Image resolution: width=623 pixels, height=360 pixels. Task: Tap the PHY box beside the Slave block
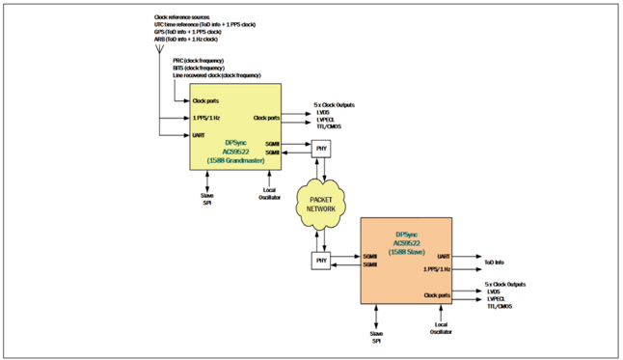click(320, 260)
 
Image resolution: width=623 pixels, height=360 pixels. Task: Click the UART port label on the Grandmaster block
click(199, 135)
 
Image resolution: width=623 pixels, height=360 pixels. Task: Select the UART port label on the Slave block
click(443, 256)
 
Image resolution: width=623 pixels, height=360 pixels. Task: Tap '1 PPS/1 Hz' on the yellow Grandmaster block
click(206, 118)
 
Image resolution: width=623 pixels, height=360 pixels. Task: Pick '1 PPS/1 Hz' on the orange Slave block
click(437, 269)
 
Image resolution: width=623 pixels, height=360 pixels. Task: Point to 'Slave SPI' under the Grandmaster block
click(206, 200)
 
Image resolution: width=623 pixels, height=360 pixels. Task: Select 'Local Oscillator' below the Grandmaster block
click(269, 196)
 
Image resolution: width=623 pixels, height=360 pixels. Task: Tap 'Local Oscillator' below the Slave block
click(443, 331)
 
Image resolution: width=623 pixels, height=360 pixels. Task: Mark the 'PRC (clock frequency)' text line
click(198, 61)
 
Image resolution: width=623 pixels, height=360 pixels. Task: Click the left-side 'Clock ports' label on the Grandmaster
click(205, 100)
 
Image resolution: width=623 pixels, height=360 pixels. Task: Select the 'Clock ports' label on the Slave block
click(437, 295)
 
